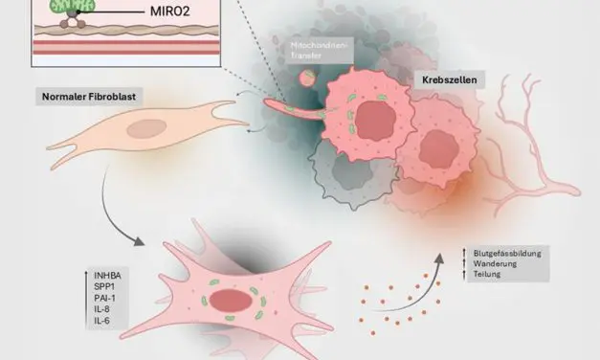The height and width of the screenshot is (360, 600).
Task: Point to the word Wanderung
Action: pos(495,263)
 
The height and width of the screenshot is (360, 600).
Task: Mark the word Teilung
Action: pos(489,274)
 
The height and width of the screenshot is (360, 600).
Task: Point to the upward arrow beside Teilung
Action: pos(464,274)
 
